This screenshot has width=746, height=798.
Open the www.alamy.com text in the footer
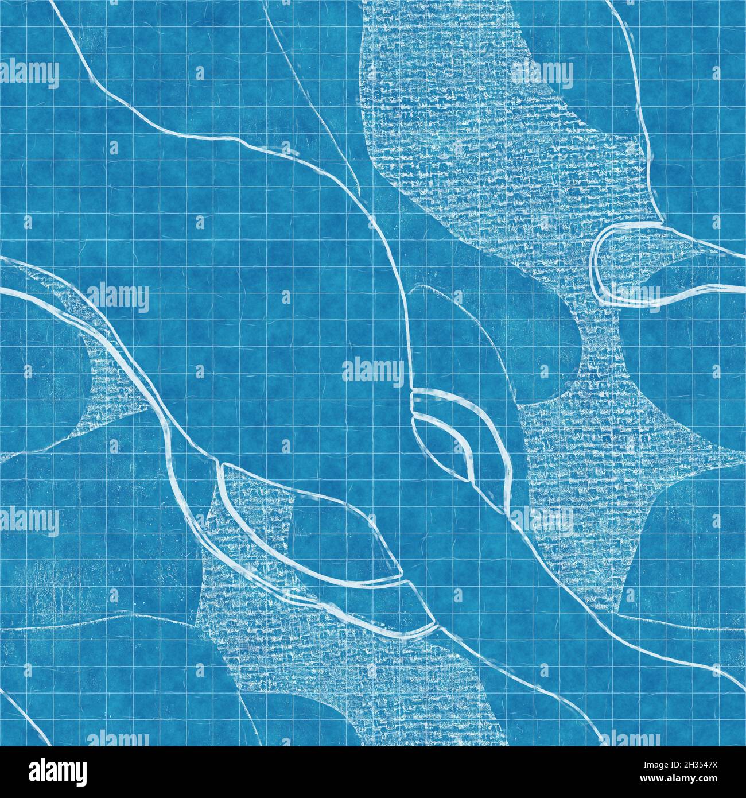tap(694, 780)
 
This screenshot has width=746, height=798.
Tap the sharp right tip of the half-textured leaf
tap(401, 575)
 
